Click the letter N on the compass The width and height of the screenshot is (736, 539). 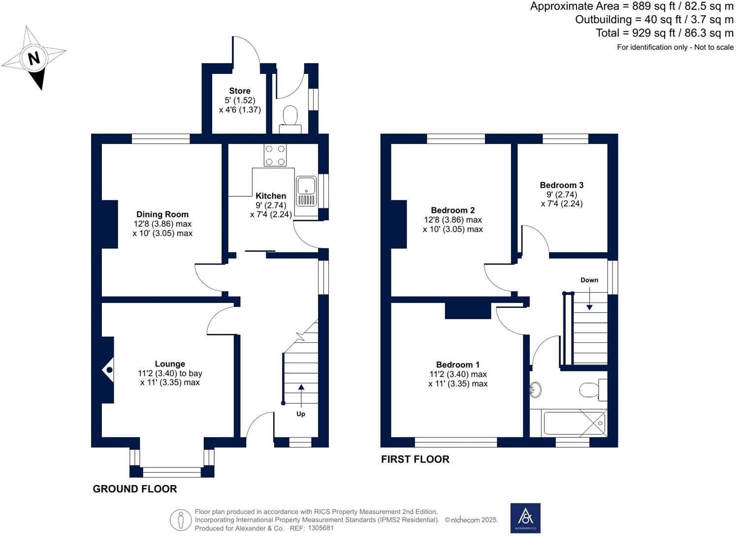click(x=33, y=59)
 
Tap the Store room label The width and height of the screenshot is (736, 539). click(x=240, y=91)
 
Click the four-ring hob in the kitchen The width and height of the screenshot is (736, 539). click(x=275, y=155)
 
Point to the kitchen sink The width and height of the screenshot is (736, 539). click(x=306, y=191)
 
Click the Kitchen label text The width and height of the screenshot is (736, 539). click(x=271, y=196)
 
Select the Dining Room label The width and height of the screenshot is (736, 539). click(x=162, y=214)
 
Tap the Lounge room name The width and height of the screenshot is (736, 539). click(x=170, y=364)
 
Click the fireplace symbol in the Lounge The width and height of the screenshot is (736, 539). click(x=109, y=370)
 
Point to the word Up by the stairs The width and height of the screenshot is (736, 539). click(x=301, y=414)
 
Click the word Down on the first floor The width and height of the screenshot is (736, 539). click(x=589, y=280)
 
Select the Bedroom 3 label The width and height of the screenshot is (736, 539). click(x=562, y=185)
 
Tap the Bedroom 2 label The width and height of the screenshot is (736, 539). click(x=453, y=210)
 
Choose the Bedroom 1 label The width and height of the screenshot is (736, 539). click(x=458, y=365)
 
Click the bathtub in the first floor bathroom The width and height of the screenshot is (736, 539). click(x=574, y=423)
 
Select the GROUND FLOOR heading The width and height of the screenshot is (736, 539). click(x=135, y=489)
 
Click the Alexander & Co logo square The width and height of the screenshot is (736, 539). click(x=525, y=518)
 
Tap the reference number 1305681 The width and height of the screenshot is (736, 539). click(x=320, y=528)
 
